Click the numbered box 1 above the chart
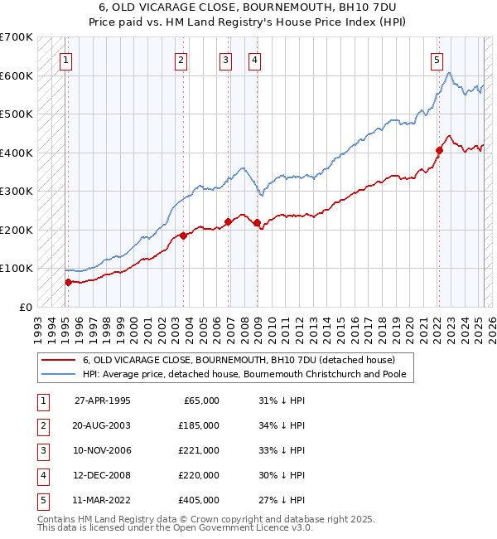(65, 59)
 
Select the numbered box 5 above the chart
(437, 59)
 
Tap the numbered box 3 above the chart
(225, 59)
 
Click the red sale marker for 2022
(439, 150)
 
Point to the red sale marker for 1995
(68, 282)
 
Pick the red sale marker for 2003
(183, 236)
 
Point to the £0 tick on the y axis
(27, 307)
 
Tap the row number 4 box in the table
(41, 475)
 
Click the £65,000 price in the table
(200, 401)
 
